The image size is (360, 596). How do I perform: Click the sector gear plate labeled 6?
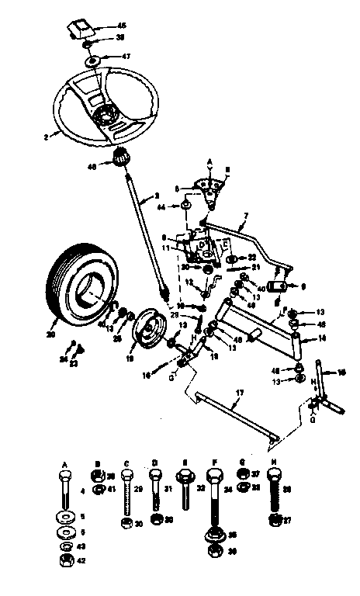[204, 185]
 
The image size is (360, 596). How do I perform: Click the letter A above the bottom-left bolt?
[62, 463]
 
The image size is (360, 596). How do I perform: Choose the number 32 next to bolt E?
[200, 490]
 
